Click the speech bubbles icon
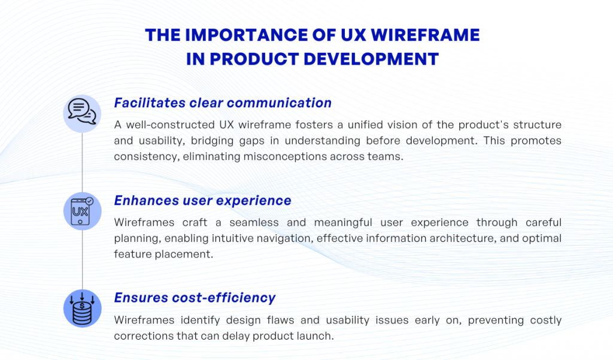[x=82, y=113]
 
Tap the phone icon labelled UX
[x=82, y=211]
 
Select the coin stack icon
[x=82, y=309]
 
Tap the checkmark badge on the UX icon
[x=89, y=201]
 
